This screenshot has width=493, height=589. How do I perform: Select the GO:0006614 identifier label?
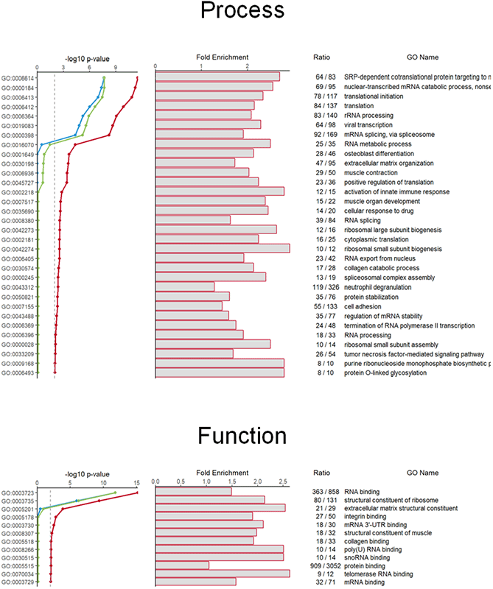[x=18, y=77]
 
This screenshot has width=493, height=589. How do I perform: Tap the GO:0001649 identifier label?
[x=18, y=154]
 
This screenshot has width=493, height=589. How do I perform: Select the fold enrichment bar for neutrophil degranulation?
[x=185, y=286]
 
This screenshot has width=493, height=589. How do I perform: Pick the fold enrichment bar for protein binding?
[x=182, y=565]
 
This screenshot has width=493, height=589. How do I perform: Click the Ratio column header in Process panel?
[x=324, y=57]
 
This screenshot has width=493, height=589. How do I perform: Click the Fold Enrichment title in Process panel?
[x=222, y=57]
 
